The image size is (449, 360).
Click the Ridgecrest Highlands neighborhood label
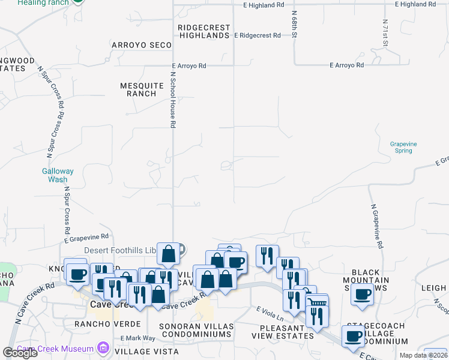[204, 31]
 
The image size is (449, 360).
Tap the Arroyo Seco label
[142, 45]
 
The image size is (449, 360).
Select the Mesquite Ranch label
[142, 89]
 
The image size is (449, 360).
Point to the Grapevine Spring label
[403, 147]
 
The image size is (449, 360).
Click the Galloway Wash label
[58, 175]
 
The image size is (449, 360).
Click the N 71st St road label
[385, 33]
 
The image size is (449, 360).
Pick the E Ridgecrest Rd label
[257, 35]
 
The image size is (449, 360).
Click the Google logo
[20, 353]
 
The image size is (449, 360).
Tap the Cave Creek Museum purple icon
[103, 349]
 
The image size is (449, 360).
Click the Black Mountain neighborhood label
[366, 280]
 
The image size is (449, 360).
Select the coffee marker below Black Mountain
[362, 295]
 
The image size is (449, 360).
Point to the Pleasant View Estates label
[287, 332]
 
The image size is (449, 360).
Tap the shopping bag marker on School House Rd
[169, 254]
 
